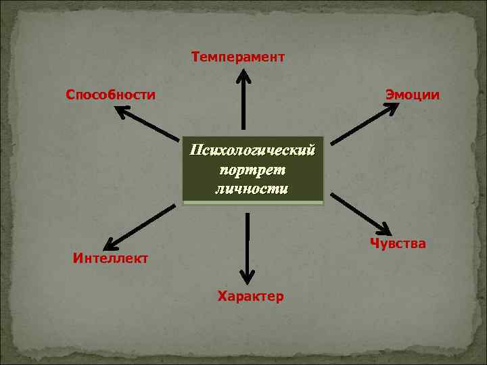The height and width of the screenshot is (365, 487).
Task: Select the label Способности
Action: point(110,94)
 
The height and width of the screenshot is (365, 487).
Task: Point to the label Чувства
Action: point(398,243)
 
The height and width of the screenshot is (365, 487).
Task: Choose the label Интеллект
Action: point(110,258)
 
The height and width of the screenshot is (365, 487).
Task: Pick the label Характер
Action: point(250,296)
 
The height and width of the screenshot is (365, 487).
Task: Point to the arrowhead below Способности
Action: point(123,112)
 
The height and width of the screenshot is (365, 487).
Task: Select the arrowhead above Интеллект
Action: point(112,241)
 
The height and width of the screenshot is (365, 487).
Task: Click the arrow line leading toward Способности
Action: point(152,126)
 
